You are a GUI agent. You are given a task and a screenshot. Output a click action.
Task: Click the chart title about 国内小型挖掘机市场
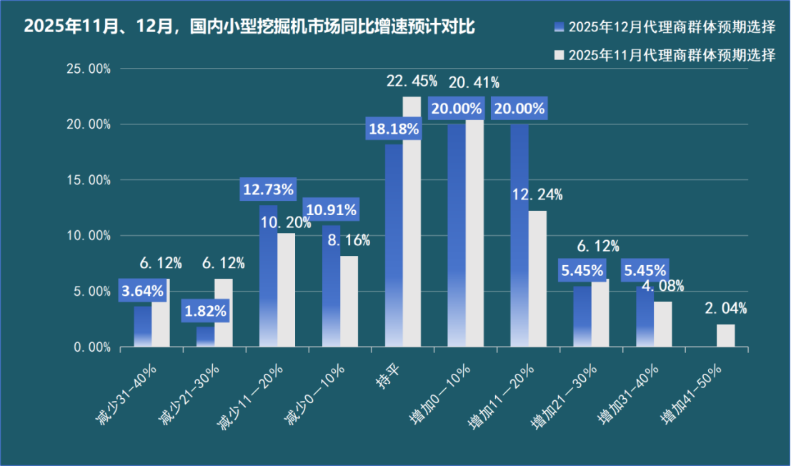pos(249,27)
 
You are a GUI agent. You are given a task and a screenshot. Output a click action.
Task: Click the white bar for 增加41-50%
pos(725,336)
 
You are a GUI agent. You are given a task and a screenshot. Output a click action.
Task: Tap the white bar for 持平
pos(412,222)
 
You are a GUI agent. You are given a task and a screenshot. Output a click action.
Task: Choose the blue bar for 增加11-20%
pos(519,236)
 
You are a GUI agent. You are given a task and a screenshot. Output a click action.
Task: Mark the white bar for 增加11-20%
pos(537,279)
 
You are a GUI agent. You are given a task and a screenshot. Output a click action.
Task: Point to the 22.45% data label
pos(412,81)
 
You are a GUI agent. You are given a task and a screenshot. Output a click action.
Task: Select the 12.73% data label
pos(268,190)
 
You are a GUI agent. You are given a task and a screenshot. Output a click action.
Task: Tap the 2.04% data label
pos(725,309)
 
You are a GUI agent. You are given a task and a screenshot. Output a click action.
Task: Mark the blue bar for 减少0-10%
pos(331,286)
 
